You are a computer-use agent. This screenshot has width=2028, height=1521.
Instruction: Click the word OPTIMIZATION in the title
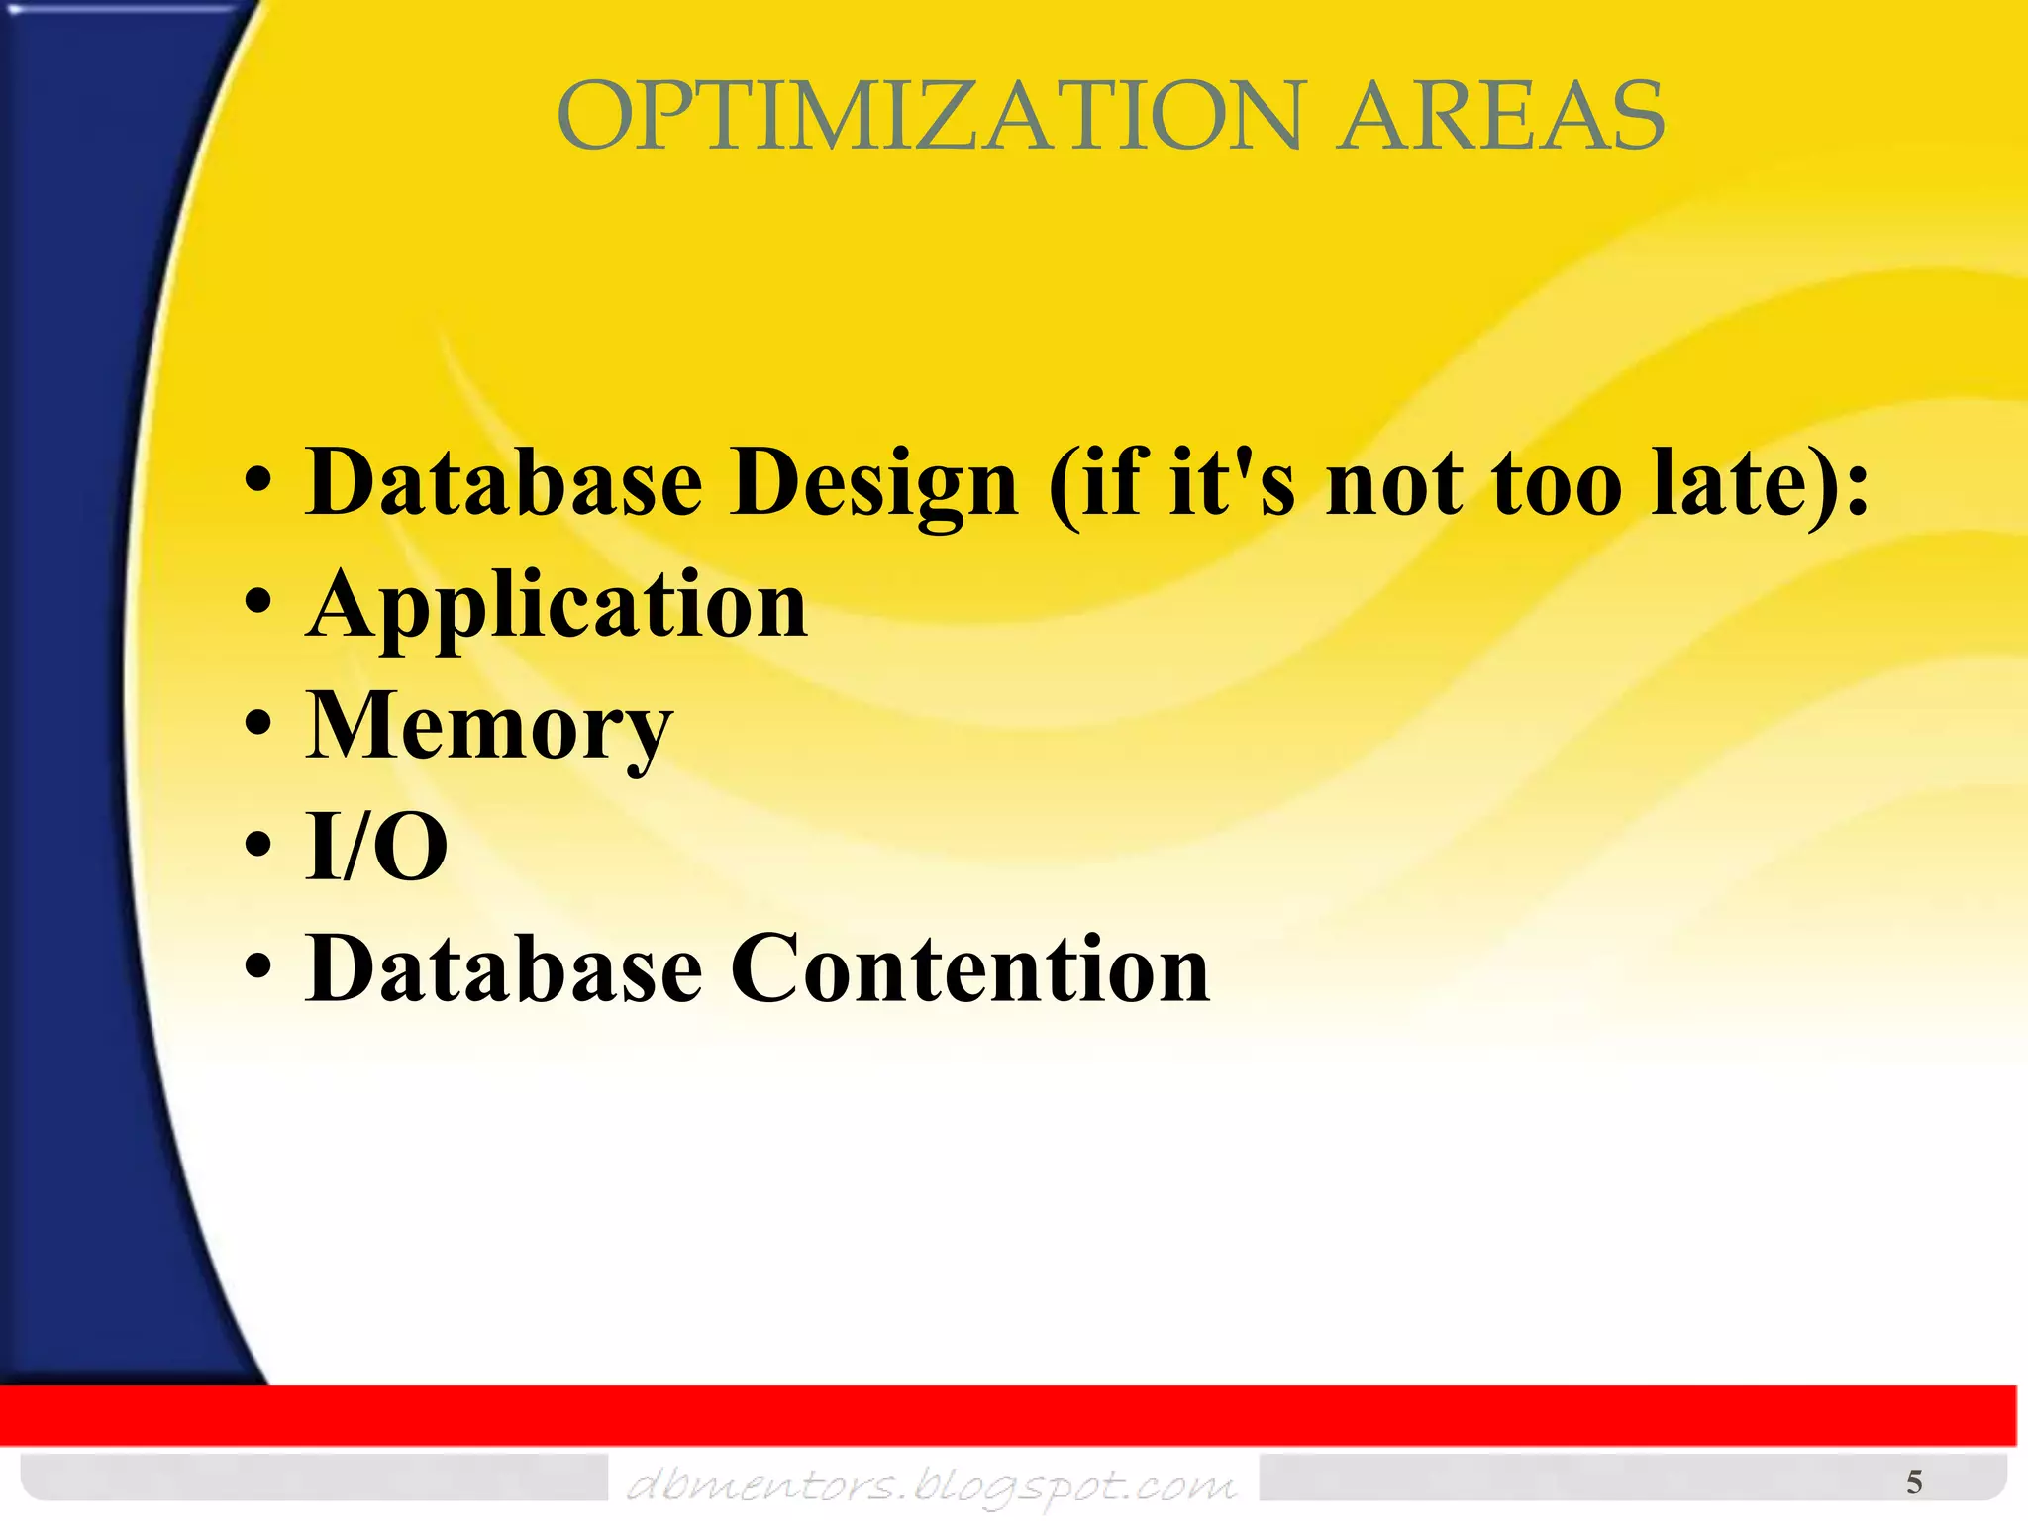[x=929, y=117]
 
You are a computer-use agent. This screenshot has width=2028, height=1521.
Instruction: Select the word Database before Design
[x=504, y=482]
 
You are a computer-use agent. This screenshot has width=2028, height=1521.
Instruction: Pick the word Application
[x=557, y=606]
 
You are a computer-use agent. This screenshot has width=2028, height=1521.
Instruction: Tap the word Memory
[x=489, y=728]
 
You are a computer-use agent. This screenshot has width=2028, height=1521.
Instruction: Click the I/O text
[x=376, y=847]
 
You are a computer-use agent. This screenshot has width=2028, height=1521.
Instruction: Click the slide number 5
[x=1914, y=1482]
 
